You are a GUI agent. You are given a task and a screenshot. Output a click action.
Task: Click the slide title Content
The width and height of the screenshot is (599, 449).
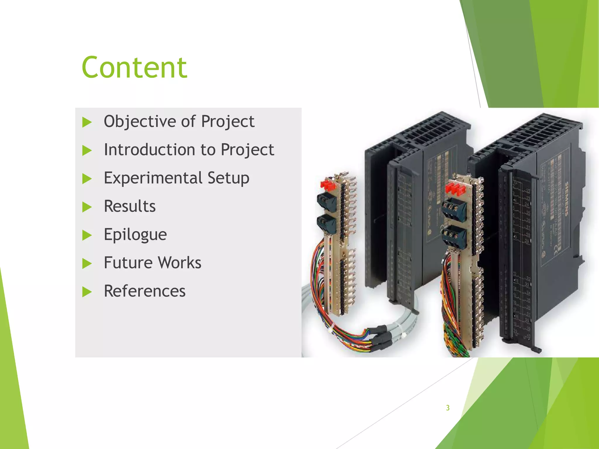coord(134,68)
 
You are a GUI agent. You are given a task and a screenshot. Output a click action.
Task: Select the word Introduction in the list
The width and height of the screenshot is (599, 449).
coord(149,150)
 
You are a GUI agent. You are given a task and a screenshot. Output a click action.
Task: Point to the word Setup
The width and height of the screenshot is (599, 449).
coord(228,178)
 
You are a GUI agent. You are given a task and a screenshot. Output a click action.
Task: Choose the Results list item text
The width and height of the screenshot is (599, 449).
coord(130,206)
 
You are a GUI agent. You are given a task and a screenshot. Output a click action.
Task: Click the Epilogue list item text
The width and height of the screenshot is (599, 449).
coord(135,235)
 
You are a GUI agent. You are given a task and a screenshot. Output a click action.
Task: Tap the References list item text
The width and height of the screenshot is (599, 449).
coord(144,291)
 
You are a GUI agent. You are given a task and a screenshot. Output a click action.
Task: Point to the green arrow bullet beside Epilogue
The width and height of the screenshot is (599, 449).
coord(87,235)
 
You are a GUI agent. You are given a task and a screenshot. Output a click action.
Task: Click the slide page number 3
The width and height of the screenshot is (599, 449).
coord(447,408)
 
